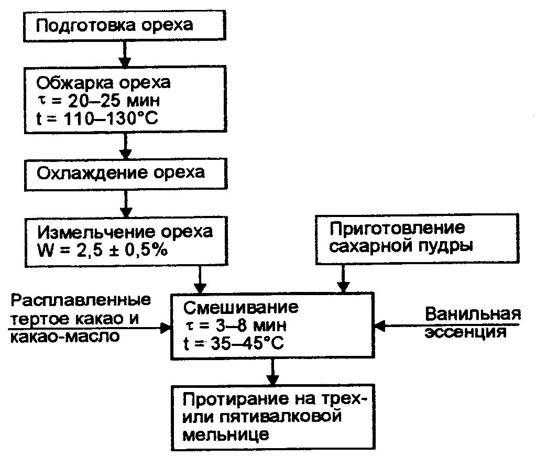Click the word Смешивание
point(240,307)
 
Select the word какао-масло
point(63,336)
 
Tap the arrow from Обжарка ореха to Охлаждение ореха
point(125,146)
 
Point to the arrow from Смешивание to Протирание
point(272,373)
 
